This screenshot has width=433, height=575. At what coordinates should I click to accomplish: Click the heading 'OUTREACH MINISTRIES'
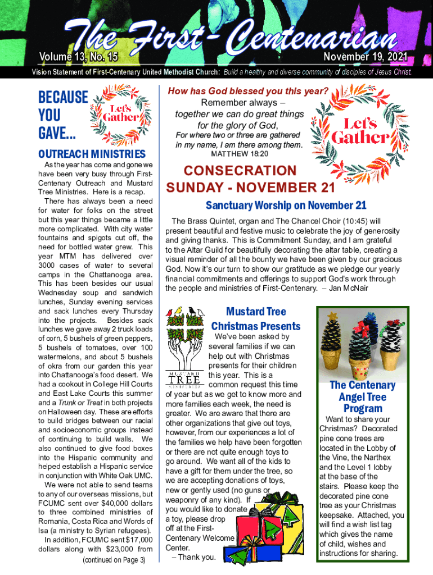(x=91, y=154)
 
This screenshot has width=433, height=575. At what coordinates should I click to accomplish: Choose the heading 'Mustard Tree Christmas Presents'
(x=255, y=318)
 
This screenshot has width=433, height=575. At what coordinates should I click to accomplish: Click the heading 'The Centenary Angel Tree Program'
(x=362, y=396)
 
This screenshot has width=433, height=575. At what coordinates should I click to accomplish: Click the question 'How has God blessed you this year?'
(x=248, y=91)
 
